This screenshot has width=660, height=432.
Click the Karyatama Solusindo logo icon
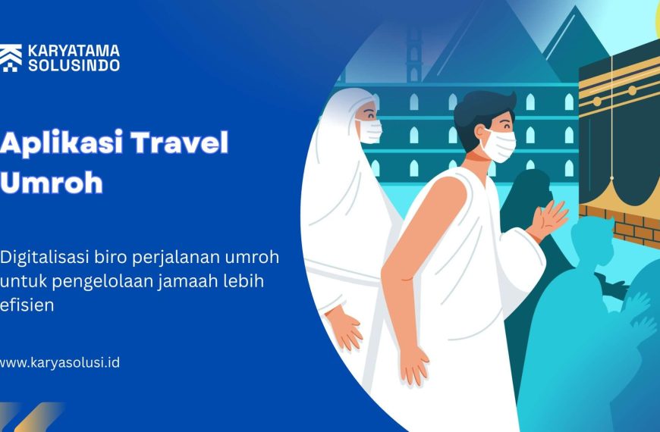(11, 58)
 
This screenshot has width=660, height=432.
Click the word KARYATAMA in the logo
(74, 51)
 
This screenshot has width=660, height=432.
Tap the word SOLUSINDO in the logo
(74, 65)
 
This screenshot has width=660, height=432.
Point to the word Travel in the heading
(180, 142)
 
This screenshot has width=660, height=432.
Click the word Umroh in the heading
(52, 182)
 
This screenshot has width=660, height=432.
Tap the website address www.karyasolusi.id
(59, 362)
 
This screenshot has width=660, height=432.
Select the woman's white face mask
(370, 131)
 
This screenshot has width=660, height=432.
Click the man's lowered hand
(413, 365)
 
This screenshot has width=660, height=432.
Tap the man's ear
(480, 133)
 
